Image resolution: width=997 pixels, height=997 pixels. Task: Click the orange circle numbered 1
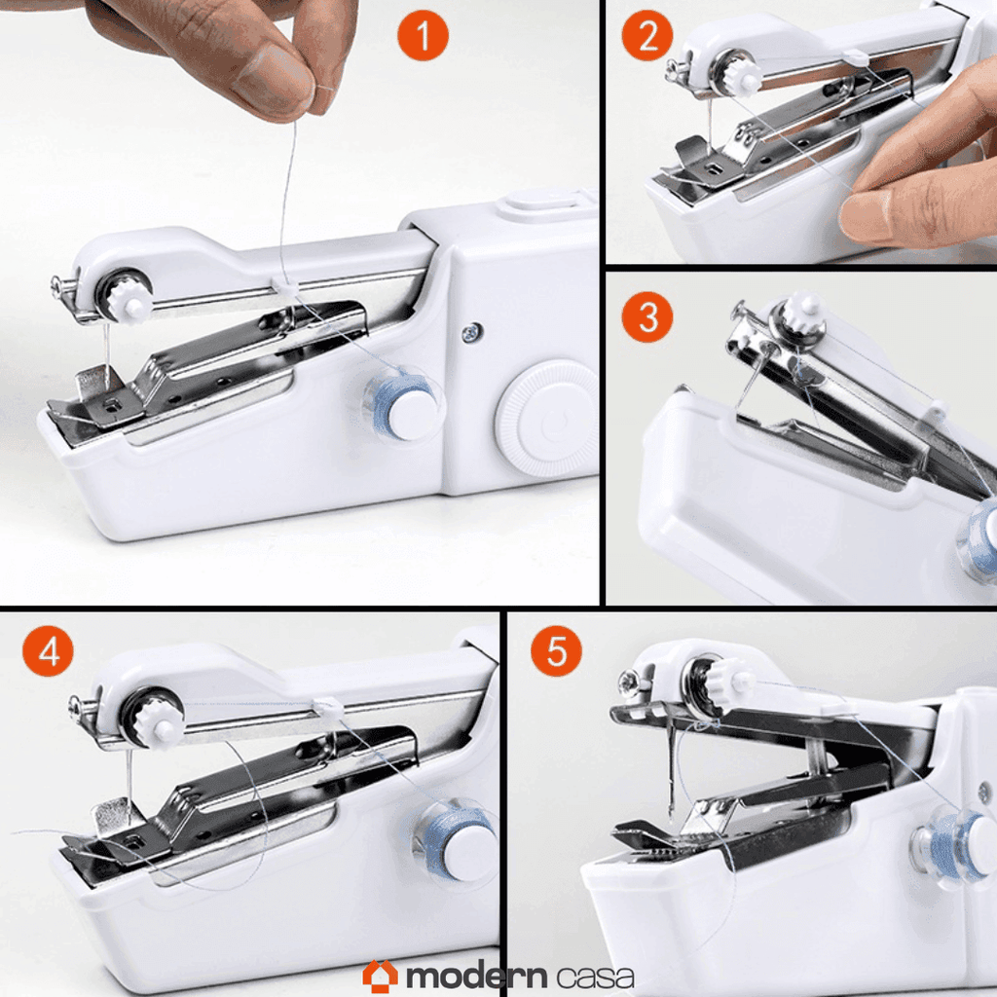[x=423, y=35]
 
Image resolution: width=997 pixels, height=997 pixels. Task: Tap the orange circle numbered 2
[x=647, y=35]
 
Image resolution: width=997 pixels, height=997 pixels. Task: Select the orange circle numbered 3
[x=647, y=316]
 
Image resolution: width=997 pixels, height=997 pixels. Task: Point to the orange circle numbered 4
[x=49, y=651]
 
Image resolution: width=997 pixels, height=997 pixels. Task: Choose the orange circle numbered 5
[x=556, y=651]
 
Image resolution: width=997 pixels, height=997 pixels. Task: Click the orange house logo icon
[x=381, y=976]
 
